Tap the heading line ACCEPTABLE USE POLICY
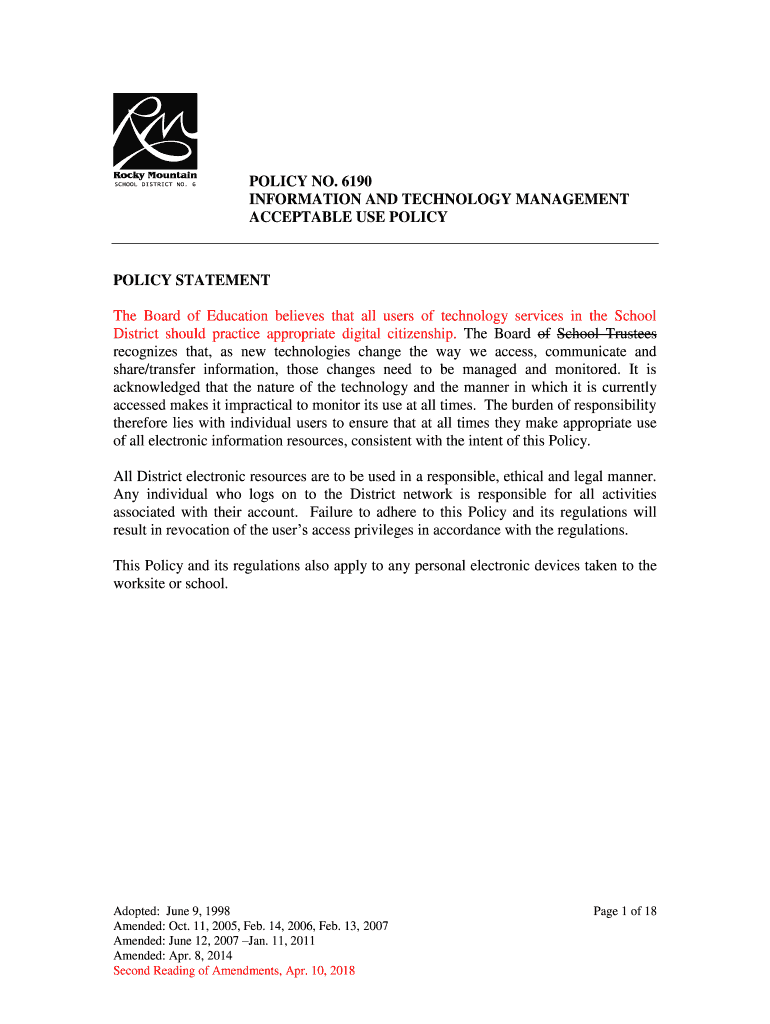tap(348, 217)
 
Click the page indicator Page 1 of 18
tap(624, 911)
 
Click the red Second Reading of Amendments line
tap(234, 971)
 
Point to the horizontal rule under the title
tap(384, 243)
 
